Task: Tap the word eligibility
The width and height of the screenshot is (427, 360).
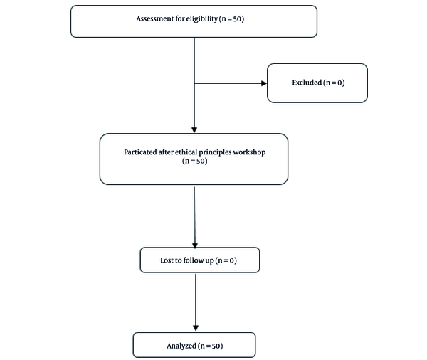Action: pos(202,18)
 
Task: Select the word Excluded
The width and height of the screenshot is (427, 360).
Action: pos(307,83)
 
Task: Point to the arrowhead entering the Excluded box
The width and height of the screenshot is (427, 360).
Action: pos(264,83)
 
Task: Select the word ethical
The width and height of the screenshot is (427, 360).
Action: pos(186,152)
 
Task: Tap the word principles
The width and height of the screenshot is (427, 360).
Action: pos(215,152)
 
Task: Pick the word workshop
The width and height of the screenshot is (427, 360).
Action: pos(250,152)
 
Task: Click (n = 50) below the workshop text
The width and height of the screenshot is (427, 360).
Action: pos(195,161)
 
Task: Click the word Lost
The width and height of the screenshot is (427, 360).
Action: pos(167,260)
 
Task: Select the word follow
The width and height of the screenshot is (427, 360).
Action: pos(194,260)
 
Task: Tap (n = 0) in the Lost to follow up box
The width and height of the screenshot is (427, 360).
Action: pos(226,260)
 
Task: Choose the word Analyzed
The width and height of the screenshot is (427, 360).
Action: pos(181,346)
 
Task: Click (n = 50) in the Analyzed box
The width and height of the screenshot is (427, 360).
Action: pos(211,346)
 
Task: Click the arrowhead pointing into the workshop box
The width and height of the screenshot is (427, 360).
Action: pos(194,129)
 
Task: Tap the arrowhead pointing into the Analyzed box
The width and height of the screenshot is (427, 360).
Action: pos(196,327)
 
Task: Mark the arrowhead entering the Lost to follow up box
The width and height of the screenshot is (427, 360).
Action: pos(195,245)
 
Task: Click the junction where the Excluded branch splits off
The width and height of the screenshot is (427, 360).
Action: pos(194,83)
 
